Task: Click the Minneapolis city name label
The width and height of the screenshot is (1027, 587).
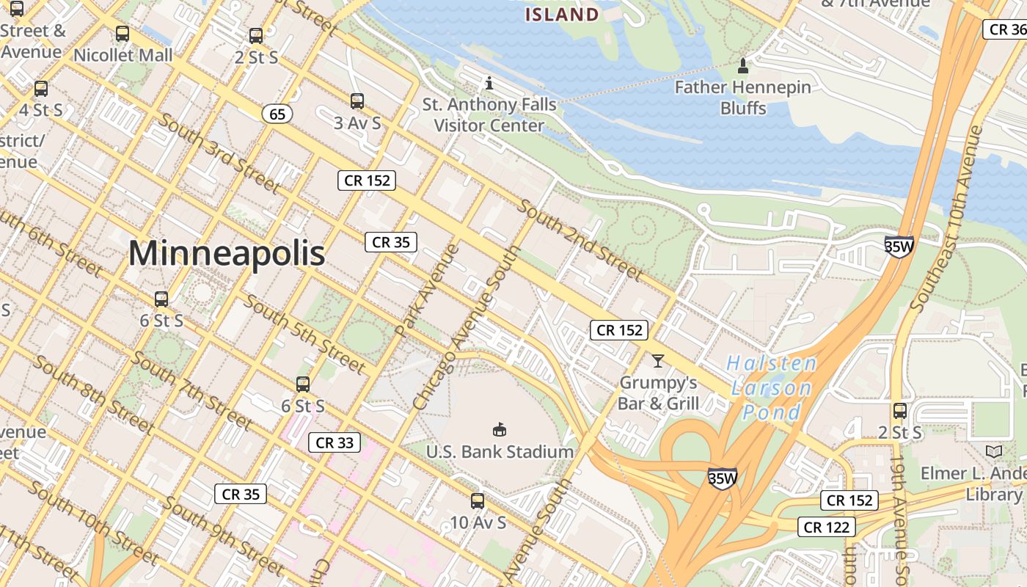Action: click(x=227, y=254)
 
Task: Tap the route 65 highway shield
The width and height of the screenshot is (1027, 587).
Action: click(x=277, y=114)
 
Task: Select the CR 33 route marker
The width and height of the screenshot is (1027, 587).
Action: click(x=335, y=442)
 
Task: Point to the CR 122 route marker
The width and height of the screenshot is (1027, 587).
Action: click(x=827, y=527)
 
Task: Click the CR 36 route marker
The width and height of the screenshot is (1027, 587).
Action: click(x=1005, y=29)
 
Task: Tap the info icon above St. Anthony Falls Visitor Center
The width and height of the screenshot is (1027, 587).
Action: click(x=489, y=82)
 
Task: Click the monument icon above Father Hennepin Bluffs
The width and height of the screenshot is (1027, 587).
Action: click(x=742, y=66)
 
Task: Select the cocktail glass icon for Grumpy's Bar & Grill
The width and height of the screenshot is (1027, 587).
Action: click(x=657, y=361)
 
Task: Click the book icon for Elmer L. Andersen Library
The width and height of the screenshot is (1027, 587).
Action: click(x=994, y=451)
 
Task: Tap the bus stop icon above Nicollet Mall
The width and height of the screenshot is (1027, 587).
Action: click(x=123, y=34)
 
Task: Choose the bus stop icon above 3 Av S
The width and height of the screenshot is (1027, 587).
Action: click(x=357, y=101)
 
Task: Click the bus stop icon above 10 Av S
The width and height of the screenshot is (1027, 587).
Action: click(x=478, y=501)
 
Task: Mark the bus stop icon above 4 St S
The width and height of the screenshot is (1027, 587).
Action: click(x=41, y=89)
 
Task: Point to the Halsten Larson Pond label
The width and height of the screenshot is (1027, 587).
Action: click(x=771, y=387)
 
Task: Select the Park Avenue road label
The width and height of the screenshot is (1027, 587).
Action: click(x=427, y=290)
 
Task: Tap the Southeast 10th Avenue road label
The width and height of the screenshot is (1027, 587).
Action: click(x=946, y=218)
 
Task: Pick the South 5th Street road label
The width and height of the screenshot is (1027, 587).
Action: click(x=304, y=333)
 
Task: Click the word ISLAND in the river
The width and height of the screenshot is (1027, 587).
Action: click(x=563, y=15)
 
